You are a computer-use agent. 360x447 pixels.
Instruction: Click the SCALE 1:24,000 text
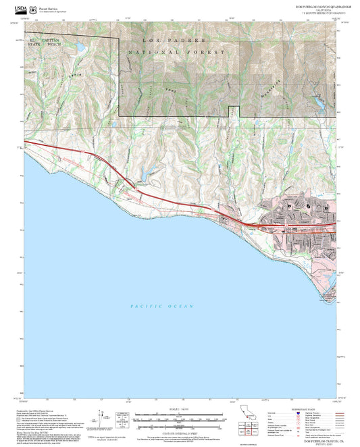point(179,409)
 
